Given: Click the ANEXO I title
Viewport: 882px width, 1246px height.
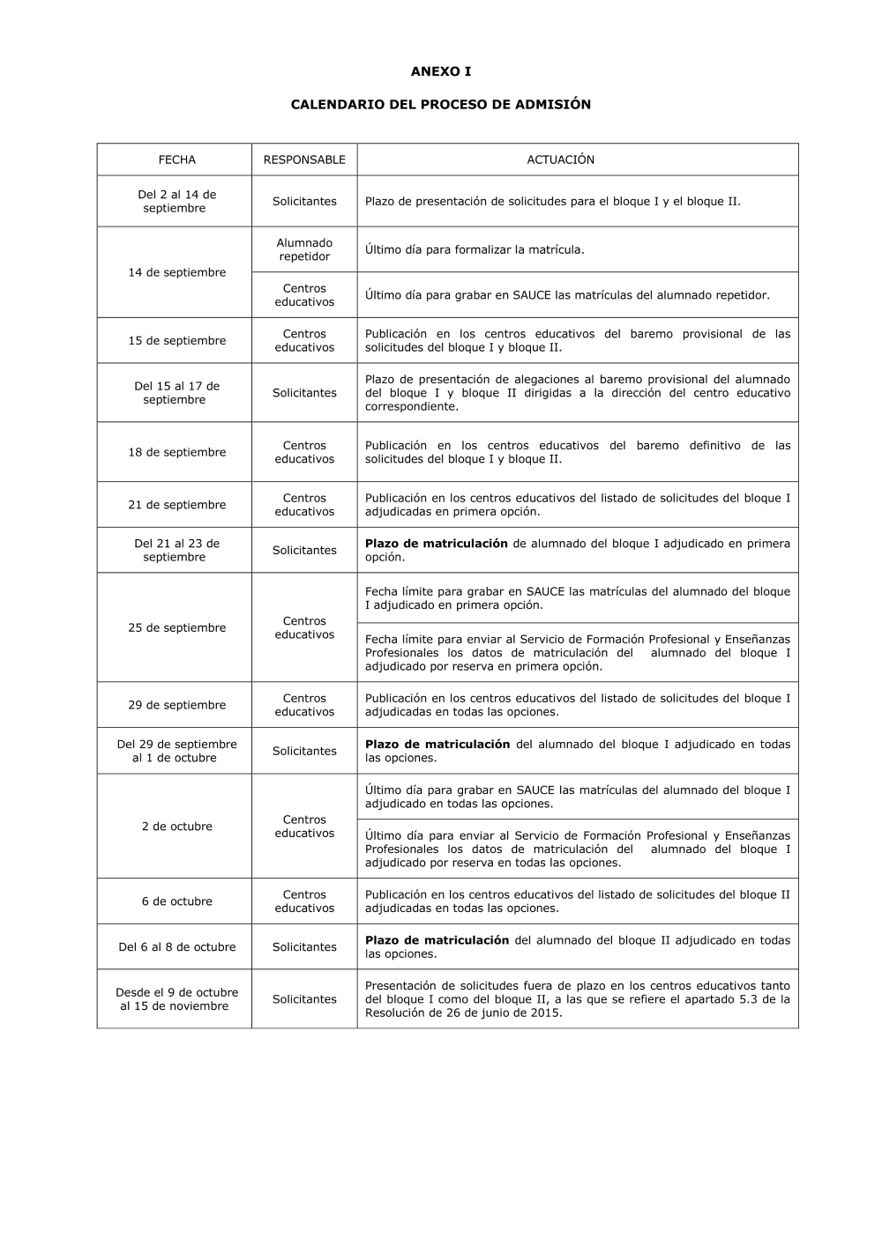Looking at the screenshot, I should pyautogui.click(x=441, y=71).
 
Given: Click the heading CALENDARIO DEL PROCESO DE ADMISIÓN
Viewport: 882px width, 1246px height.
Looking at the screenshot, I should pyautogui.click(x=441, y=104).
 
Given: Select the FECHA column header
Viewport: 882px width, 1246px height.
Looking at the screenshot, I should pyautogui.click(x=176, y=159).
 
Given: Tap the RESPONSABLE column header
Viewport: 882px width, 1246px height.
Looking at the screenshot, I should pyautogui.click(x=304, y=159).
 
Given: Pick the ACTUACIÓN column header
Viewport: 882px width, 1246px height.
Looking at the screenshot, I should pyautogui.click(x=561, y=159).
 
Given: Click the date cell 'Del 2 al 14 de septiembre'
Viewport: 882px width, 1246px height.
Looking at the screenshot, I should pyautogui.click(x=176, y=201).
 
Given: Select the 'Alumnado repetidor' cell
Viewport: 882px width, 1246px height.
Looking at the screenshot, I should pyautogui.click(x=304, y=249).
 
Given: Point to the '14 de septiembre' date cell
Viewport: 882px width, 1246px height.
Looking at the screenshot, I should pyautogui.click(x=176, y=272).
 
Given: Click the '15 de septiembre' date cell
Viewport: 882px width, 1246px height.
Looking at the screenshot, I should pyautogui.click(x=176, y=340).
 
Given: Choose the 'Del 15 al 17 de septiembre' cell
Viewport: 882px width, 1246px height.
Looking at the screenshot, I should pyautogui.click(x=176, y=392).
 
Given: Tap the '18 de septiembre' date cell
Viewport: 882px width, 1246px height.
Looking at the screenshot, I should pyautogui.click(x=176, y=452).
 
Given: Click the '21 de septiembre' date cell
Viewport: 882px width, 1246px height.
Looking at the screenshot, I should pyautogui.click(x=176, y=504).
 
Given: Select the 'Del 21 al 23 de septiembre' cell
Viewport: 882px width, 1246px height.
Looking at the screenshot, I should pyautogui.click(x=176, y=550).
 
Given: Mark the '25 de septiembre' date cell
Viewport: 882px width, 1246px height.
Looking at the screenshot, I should pyautogui.click(x=176, y=627).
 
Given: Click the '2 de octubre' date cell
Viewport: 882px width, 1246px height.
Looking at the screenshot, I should pyautogui.click(x=176, y=826).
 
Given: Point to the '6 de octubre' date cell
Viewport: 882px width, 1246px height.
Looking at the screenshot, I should pyautogui.click(x=176, y=901).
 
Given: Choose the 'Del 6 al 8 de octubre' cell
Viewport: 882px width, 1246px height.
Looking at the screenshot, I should pyautogui.click(x=176, y=946).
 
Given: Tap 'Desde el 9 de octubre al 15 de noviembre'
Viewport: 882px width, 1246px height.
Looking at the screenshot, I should pyautogui.click(x=176, y=998).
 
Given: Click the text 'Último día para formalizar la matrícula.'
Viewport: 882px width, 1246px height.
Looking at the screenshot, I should pyautogui.click(x=475, y=249).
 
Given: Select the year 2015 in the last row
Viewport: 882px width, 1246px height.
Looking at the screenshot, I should pyautogui.click(x=545, y=1012).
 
